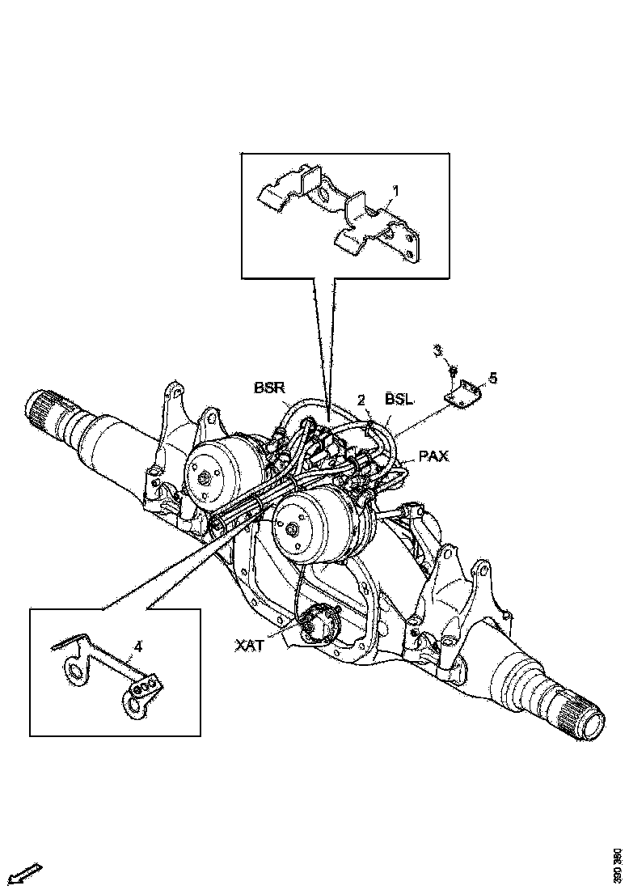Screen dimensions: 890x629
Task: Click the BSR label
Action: click(x=268, y=388)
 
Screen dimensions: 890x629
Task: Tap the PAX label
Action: click(x=433, y=458)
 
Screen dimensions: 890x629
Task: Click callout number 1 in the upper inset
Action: click(x=396, y=191)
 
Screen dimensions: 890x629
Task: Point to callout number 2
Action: click(x=363, y=400)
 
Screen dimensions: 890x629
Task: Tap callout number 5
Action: click(x=493, y=378)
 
